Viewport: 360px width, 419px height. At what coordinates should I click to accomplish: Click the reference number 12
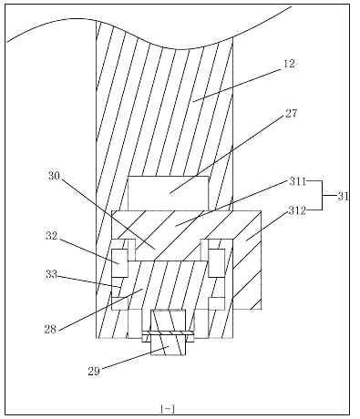pyautogui.click(x=289, y=64)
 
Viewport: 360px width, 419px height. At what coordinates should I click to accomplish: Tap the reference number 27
pyautogui.click(x=291, y=114)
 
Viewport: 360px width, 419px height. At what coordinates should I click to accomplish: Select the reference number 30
pyautogui.click(x=55, y=176)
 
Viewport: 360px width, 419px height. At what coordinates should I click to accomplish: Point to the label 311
pyautogui.click(x=297, y=181)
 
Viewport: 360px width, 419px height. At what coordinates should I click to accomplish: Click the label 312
pyautogui.click(x=297, y=210)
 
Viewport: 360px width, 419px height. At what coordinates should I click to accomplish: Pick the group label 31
pyautogui.click(x=344, y=196)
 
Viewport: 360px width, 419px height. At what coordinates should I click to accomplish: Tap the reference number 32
pyautogui.click(x=52, y=236)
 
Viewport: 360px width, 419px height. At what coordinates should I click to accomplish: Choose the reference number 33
pyautogui.click(x=51, y=274)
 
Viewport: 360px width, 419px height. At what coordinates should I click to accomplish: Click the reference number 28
pyautogui.click(x=50, y=330)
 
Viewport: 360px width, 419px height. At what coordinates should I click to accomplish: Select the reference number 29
pyautogui.click(x=94, y=371)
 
